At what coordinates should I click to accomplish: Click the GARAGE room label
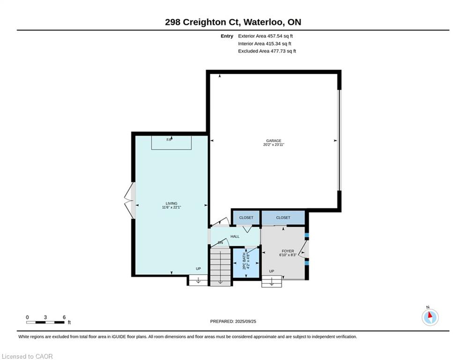pos(274,141)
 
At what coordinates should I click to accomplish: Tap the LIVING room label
pos(171,203)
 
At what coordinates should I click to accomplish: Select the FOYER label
pos(288,251)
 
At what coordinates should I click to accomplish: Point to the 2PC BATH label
pos(244,261)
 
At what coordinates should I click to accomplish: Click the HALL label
pos(235,237)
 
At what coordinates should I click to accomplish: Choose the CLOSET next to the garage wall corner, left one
pos(246,217)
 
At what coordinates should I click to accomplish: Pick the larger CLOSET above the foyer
pos(283,217)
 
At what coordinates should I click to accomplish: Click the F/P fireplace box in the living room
pos(171,142)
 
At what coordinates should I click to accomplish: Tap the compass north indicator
pos(430,317)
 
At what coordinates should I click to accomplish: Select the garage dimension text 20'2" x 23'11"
pos(274,144)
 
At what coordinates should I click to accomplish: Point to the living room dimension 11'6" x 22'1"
pos(171,207)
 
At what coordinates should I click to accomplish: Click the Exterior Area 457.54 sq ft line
pos(266,36)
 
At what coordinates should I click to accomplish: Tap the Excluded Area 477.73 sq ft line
pos(267,51)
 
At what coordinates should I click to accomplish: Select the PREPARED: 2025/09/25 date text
pos(233,321)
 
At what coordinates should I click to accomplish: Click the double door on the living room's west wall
pos(130,201)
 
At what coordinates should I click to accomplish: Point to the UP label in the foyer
pos(271,271)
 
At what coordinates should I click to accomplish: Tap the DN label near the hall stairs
pos(220,243)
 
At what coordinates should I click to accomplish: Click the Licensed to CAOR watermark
pos(27,356)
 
